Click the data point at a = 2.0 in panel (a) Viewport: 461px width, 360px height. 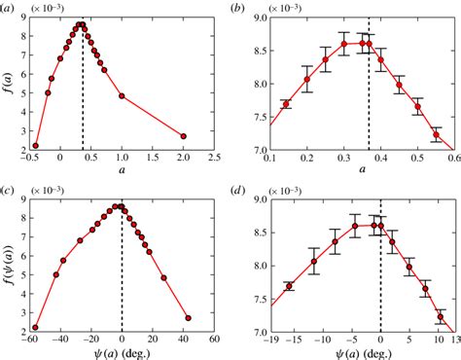coord(183,136)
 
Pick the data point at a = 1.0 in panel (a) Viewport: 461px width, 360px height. coord(122,96)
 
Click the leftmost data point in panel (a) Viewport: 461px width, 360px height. coord(35,146)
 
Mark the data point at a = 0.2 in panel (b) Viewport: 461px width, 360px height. coord(307,80)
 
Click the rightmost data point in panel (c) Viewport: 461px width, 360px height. coord(188,318)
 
